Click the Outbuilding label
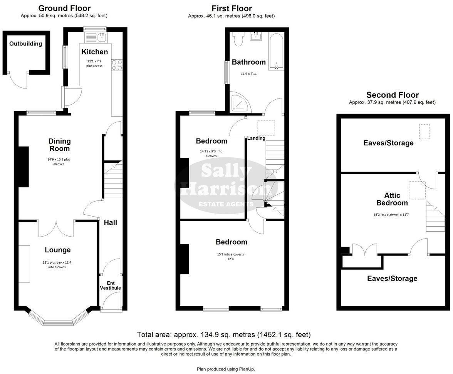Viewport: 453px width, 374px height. click(26, 44)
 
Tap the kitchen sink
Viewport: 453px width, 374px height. click(102, 37)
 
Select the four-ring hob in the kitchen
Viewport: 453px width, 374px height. click(117, 65)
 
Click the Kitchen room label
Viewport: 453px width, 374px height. click(94, 52)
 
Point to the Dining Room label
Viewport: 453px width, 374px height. click(59, 145)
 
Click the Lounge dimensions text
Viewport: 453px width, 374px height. click(57, 265)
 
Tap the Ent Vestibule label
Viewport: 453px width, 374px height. click(111, 285)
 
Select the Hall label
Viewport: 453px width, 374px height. click(110, 222)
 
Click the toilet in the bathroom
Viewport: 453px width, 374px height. click(238, 39)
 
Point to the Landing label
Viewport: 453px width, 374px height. click(256, 138)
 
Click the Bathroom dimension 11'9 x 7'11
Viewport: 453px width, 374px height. click(248, 73)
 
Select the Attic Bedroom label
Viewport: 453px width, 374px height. click(392, 199)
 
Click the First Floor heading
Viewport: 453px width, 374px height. click(232, 8)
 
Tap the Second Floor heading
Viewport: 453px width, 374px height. click(392, 95)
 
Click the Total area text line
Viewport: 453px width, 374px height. click(224, 334)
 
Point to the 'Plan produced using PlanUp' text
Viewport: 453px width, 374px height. click(226, 369)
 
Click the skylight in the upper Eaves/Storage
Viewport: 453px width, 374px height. click(424, 132)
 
